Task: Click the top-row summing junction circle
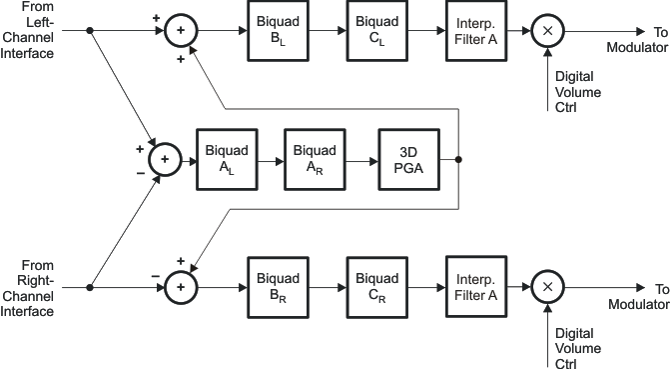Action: (181, 31)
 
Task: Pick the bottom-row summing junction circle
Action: (181, 287)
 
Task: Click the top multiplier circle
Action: (546, 31)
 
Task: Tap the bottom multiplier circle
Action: (546, 287)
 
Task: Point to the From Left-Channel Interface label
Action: (28, 31)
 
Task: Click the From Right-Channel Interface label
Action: (28, 287)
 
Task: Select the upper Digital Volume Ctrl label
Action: (576, 91)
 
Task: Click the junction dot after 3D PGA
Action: (458, 159)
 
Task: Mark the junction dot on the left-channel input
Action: (91, 31)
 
